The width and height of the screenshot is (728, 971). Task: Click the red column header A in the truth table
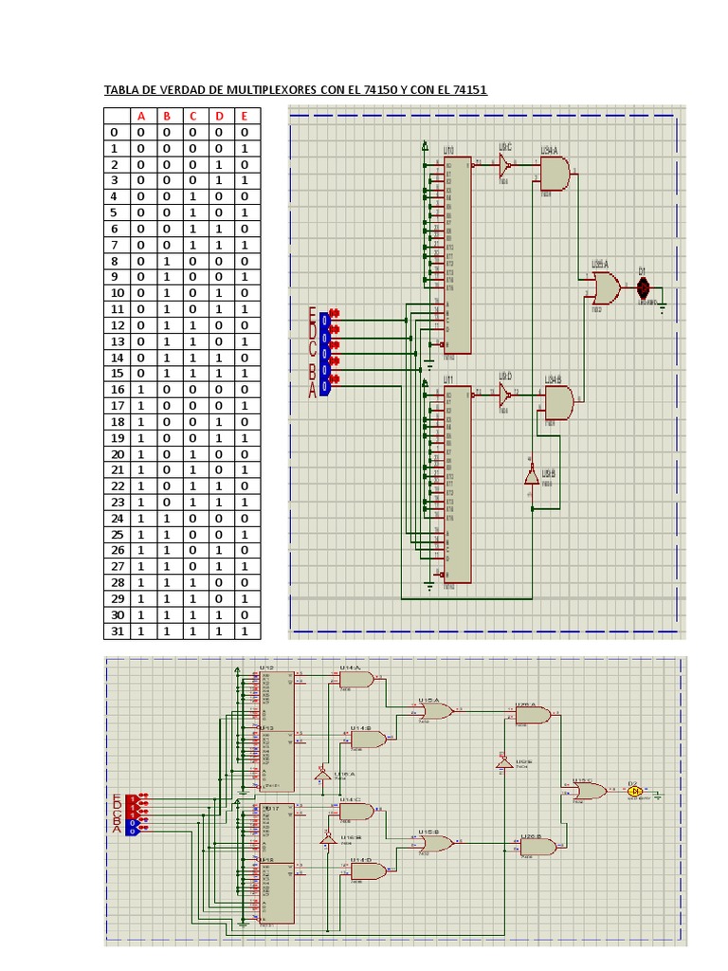coord(142,117)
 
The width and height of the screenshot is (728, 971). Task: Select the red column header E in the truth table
coord(244,117)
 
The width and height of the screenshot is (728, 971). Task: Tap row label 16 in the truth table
coord(118,390)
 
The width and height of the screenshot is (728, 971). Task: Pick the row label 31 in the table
coord(118,631)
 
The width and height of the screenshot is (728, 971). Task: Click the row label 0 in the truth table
coord(115,133)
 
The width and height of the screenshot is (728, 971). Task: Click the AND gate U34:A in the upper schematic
coord(555,174)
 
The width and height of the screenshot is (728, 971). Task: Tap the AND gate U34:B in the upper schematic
coord(557,402)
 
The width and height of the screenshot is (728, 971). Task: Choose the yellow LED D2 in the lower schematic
coord(634,791)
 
